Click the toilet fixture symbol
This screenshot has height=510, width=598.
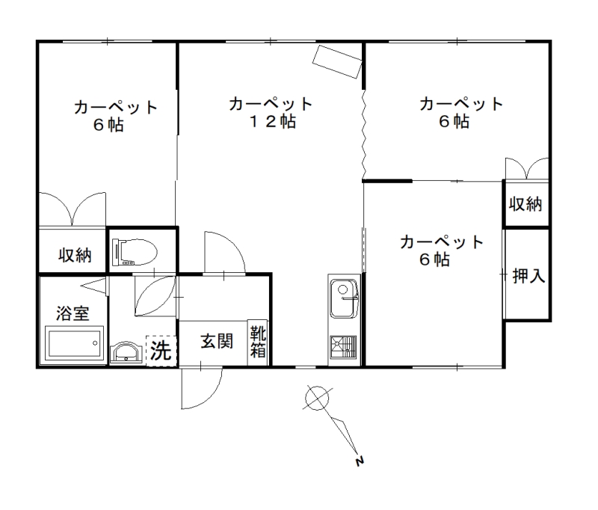click(135, 253)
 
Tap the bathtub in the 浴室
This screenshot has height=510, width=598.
click(74, 342)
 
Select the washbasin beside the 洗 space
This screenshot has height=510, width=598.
click(126, 352)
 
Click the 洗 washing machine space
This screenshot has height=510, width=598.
click(161, 351)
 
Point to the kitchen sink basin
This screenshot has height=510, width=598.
click(344, 298)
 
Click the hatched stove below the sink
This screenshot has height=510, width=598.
click(343, 347)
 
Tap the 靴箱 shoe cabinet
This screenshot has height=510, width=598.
click(258, 342)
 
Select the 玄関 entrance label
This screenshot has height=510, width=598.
click(217, 342)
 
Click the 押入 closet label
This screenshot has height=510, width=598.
click(528, 275)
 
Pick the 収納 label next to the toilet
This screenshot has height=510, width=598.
click(75, 255)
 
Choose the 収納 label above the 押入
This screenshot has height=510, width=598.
click(525, 204)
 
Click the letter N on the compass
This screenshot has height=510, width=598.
click(360, 461)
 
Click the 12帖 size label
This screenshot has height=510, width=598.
click(272, 122)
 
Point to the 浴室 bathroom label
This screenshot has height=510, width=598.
click(73, 313)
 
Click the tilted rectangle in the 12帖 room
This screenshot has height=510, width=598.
click(337, 62)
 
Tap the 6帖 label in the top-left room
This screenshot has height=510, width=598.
click(108, 125)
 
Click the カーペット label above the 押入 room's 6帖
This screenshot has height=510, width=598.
click(442, 242)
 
